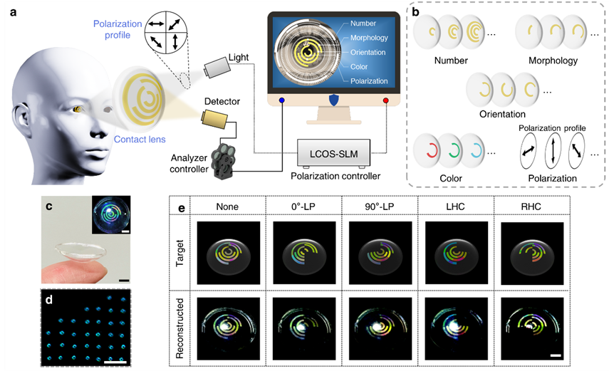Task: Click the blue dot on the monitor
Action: click(x=282, y=100)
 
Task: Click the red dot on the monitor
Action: click(x=386, y=100)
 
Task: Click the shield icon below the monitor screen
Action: click(x=333, y=99)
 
